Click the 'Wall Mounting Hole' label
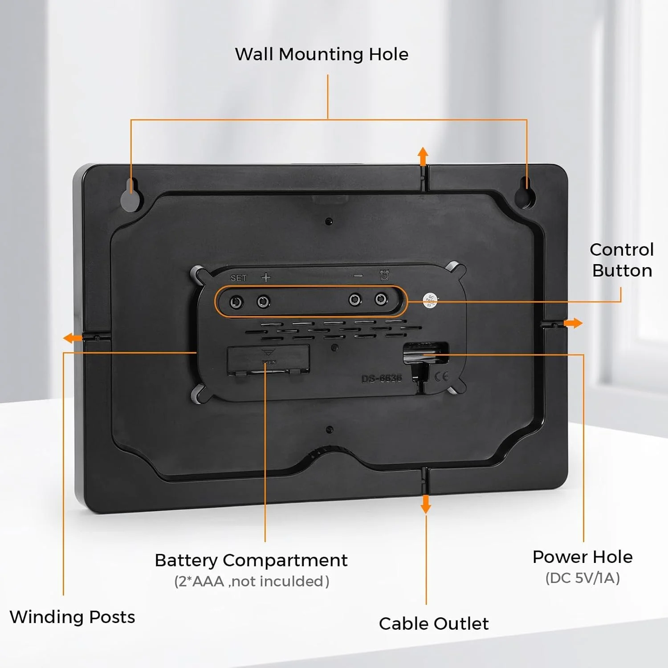pos(322,54)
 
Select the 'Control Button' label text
pos(622,260)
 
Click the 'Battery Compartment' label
pos(251,560)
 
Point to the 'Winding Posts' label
pos(72,617)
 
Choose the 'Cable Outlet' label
pos(433,623)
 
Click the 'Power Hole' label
pos(582,557)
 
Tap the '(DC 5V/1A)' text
pos(582,578)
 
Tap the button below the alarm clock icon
pos(381,299)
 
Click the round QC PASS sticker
pos(430,300)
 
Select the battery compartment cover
pos(268,359)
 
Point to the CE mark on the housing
pos(441,377)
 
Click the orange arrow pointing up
pos(423,156)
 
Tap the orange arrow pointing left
pos(72,338)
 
